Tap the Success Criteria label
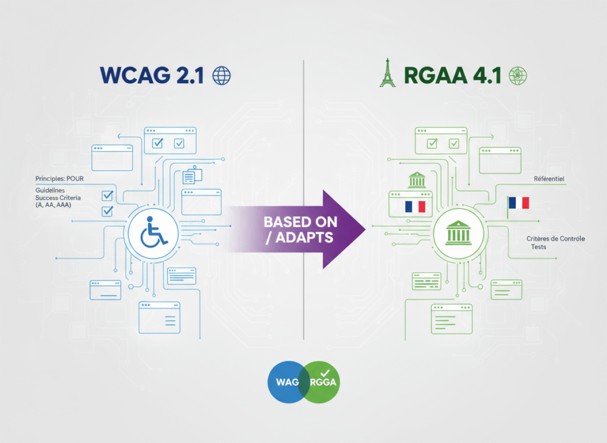tap(60, 197)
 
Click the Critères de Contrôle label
tap(555, 238)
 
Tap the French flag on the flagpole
tap(519, 203)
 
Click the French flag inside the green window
tap(415, 206)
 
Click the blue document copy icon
tap(192, 176)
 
